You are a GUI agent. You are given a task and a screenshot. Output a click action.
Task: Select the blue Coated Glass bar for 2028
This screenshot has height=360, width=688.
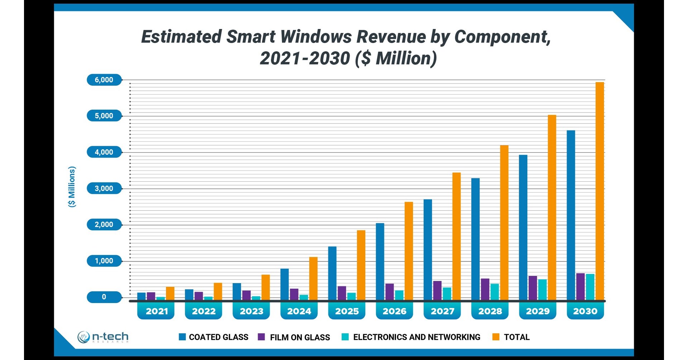point(475,239)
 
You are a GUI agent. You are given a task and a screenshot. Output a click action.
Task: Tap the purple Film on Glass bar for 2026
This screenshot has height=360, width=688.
point(390,292)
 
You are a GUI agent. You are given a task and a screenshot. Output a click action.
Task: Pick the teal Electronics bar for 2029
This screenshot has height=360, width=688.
point(542,289)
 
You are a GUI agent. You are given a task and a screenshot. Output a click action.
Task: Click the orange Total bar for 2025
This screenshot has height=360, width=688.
point(361,265)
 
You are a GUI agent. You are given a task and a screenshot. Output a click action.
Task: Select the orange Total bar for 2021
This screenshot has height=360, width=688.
point(170,293)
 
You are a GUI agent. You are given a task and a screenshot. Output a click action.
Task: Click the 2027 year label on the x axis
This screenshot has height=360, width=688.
point(442,311)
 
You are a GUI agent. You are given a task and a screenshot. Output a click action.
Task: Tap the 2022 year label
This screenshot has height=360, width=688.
point(204,311)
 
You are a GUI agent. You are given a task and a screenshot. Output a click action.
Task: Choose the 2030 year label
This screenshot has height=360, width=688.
point(585,311)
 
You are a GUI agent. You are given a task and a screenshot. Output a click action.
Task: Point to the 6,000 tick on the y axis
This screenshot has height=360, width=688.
point(104,80)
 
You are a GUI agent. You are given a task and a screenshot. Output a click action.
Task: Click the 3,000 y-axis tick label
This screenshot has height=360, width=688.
point(104,188)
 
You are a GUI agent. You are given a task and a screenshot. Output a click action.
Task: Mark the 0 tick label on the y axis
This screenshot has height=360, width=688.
point(104,297)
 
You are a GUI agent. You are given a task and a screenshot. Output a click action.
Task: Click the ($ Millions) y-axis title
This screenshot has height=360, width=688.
point(72,187)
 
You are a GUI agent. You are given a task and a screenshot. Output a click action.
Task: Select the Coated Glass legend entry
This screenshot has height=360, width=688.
point(214,337)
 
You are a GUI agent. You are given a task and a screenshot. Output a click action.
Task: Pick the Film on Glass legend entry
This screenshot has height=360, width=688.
point(295,337)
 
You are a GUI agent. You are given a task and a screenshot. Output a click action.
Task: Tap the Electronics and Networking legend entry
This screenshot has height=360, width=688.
point(411,337)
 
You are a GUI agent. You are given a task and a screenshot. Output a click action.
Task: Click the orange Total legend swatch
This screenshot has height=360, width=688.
point(496,337)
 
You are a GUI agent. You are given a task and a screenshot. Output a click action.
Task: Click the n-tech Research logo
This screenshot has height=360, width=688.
point(103,337)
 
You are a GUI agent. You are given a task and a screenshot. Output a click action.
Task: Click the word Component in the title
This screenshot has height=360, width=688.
point(502,37)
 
